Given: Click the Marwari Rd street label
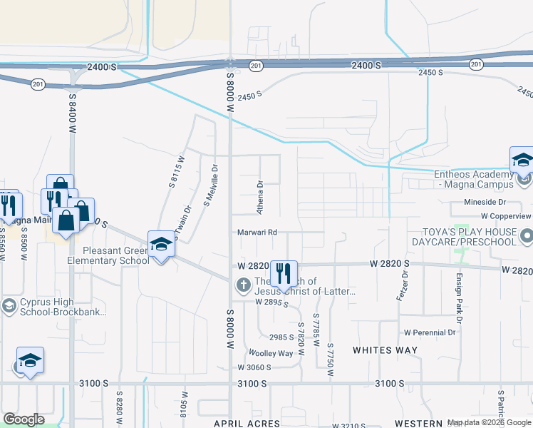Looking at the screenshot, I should click(x=257, y=232).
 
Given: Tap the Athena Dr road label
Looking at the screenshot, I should click(x=260, y=197).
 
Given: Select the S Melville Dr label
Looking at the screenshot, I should click(x=210, y=184).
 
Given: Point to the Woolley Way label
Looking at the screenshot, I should click(x=270, y=353).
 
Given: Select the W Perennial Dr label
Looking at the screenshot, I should click(x=430, y=332).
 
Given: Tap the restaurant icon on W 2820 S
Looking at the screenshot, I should click(x=284, y=272).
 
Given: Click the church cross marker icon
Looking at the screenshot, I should click(x=243, y=286).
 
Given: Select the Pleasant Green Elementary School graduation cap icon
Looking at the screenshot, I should click(x=162, y=244).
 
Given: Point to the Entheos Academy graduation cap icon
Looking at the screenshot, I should click(x=522, y=160).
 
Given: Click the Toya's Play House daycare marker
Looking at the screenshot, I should click(x=526, y=235).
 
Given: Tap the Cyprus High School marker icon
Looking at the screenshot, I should click(x=9, y=307).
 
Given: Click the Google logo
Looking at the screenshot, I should click(x=24, y=419).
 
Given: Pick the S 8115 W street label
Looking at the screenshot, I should click(x=176, y=171).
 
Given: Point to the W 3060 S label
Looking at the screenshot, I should click(x=254, y=367).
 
